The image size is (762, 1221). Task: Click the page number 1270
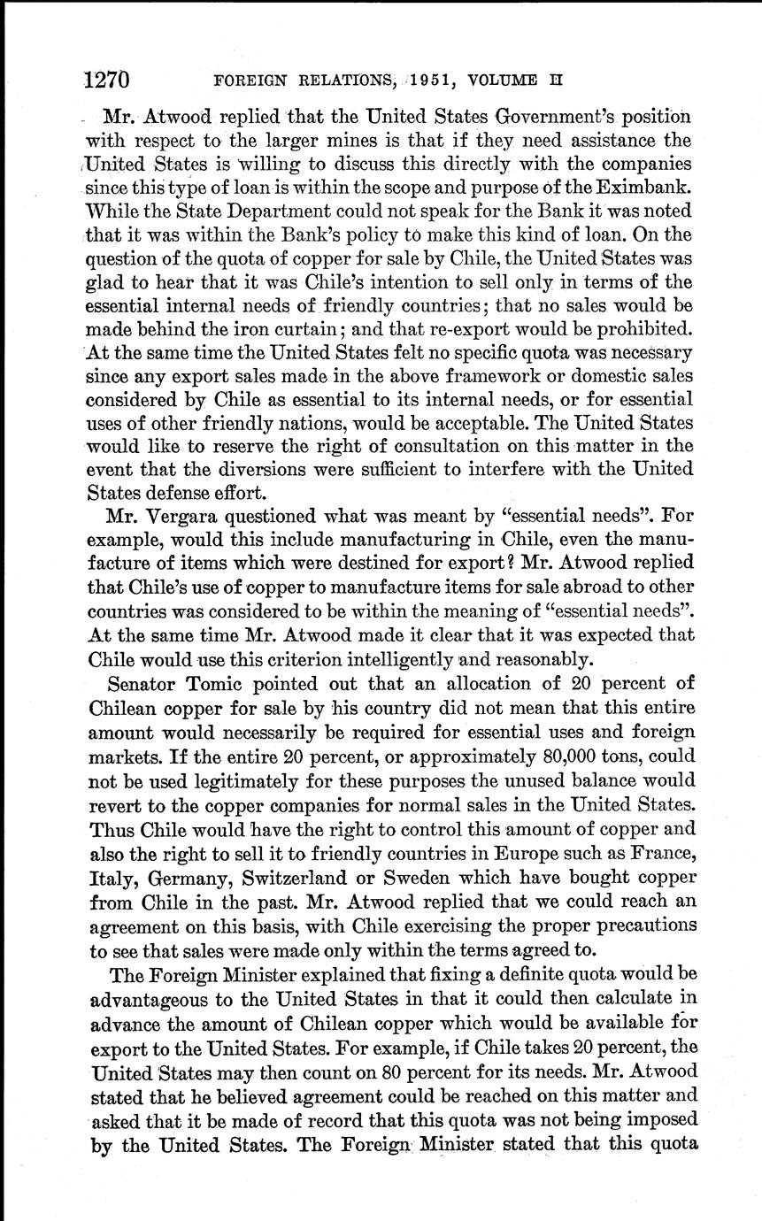(x=107, y=81)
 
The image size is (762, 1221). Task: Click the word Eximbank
(x=650, y=188)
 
